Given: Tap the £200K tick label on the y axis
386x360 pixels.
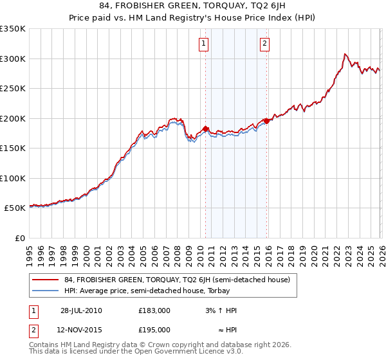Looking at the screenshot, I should click(13, 118).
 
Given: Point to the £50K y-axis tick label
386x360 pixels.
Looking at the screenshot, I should click(14, 208).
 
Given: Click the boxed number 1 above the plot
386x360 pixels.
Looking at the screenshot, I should click(204, 44).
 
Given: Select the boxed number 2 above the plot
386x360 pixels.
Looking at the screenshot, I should click(264, 44).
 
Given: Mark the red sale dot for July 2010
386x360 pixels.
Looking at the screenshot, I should click(205, 129).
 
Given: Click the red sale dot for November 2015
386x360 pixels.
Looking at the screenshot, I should click(267, 122).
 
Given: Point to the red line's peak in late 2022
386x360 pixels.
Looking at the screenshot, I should click(345, 54).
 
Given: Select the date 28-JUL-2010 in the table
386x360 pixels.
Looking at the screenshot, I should click(81, 310).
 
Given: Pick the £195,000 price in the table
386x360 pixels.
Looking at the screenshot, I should click(154, 329).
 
